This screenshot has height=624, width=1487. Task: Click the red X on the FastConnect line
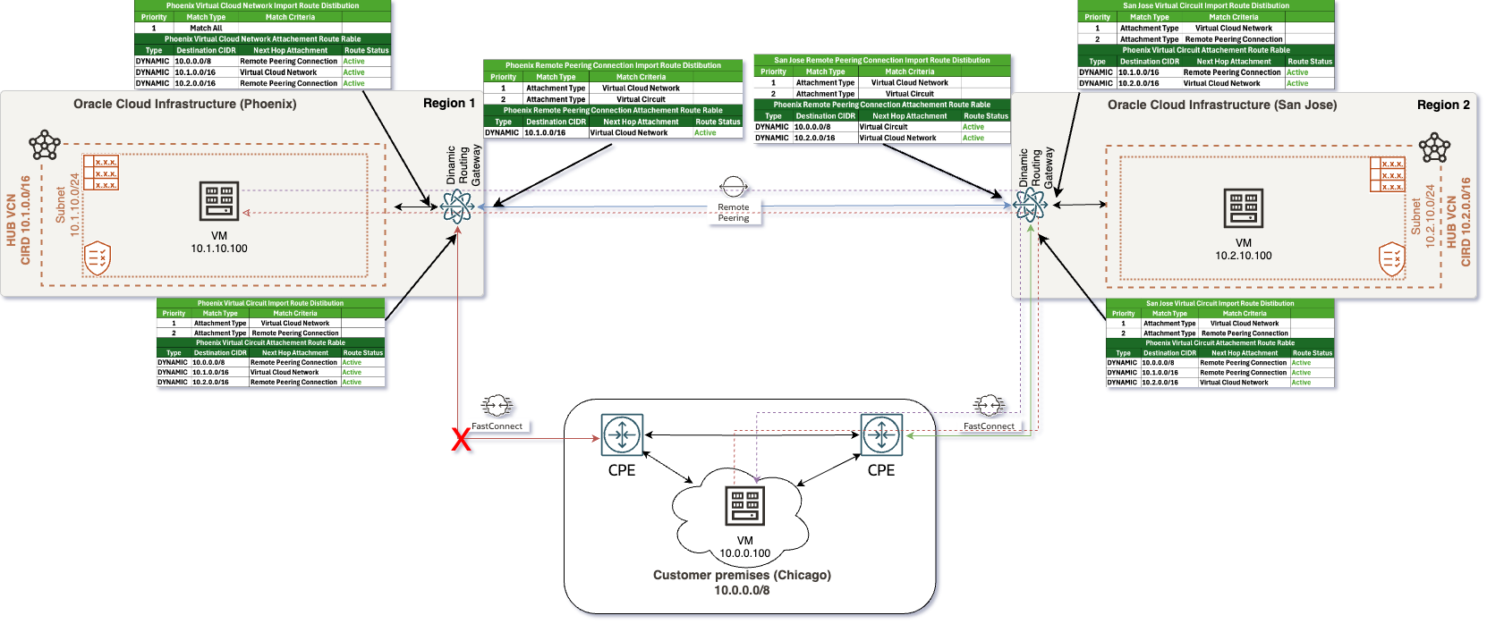[461, 439]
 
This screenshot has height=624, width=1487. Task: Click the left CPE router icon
[622, 435]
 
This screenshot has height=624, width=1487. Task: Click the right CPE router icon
[881, 435]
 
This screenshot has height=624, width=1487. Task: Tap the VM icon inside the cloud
[744, 507]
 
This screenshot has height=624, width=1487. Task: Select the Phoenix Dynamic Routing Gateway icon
[457, 207]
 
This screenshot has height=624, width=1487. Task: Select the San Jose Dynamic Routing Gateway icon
[1030, 206]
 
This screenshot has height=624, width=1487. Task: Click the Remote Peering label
[733, 213]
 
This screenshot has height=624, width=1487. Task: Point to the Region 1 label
[449, 103]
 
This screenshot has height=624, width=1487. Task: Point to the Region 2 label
[1443, 105]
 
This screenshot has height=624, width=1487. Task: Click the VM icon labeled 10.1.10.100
[219, 202]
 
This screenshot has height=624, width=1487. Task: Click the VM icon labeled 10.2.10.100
[1244, 207]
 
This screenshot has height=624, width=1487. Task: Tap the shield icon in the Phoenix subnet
[97, 258]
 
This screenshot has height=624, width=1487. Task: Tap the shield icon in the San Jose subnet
[1392, 259]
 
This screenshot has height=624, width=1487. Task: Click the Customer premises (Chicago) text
[742, 575]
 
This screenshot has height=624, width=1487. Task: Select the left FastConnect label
[497, 426]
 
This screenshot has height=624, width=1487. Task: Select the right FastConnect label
[989, 426]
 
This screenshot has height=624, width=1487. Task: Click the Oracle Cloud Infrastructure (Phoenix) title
[184, 104]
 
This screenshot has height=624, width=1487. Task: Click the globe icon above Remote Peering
[733, 186]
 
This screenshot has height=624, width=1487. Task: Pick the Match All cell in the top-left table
[206, 28]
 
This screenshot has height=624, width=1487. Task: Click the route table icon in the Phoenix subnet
[101, 173]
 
